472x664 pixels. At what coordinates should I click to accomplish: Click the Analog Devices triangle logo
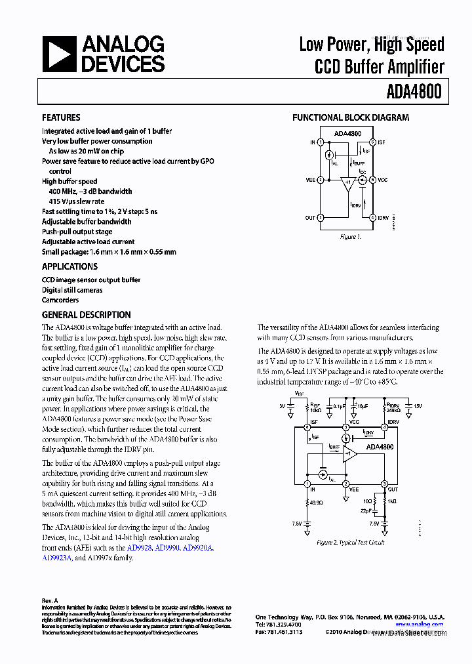pos(58,54)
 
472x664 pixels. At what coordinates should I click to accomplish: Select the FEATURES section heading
pos(61,117)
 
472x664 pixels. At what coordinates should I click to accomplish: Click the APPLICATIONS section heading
pos(69,266)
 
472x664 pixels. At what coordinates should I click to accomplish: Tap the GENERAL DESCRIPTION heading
pos(86,314)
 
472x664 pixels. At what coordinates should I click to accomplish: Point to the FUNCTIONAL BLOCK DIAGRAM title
pos(350,117)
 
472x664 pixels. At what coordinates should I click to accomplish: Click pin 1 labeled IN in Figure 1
pos(320,142)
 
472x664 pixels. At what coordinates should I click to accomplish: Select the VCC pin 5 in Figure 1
pos(372,179)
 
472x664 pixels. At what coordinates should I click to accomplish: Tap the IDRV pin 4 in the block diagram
pos(372,217)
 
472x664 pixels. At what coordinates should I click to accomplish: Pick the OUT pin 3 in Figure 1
pos(320,217)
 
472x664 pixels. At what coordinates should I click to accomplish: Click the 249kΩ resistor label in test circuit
pos(393,410)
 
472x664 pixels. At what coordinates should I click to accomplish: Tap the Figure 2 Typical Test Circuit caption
pos(350,543)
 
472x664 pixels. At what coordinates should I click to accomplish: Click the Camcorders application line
pos(60,300)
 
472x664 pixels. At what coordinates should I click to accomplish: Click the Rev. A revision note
pos(50,600)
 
